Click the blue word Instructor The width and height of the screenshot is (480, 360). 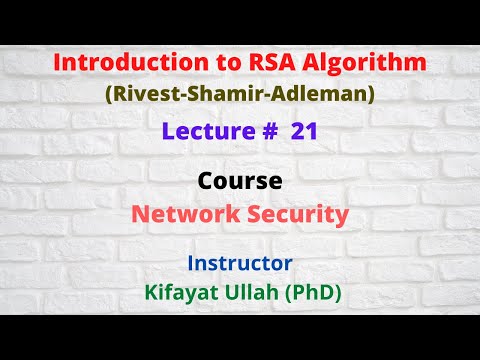pyautogui.click(x=239, y=263)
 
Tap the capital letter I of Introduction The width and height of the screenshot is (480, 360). pyautogui.click(x=57, y=62)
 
